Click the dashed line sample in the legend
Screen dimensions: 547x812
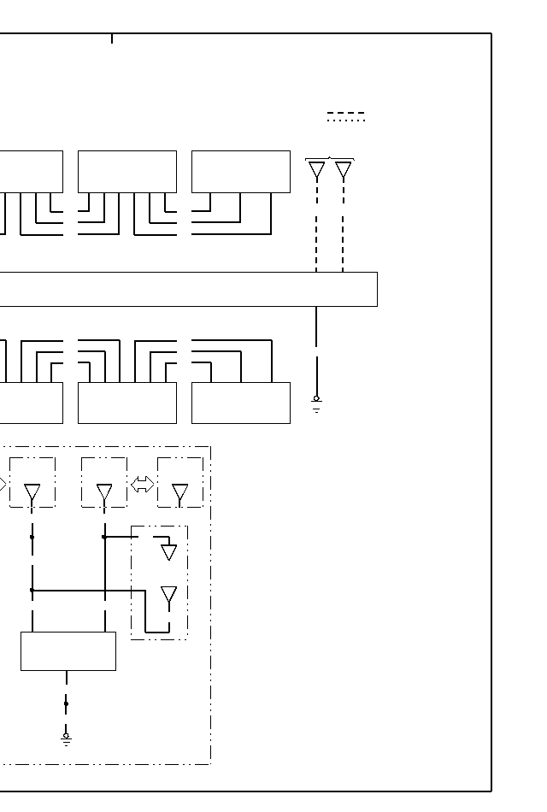click(345, 113)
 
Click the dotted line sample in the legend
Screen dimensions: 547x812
click(345, 121)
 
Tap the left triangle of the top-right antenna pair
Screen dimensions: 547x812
click(316, 170)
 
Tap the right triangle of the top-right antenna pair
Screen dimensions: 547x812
click(344, 170)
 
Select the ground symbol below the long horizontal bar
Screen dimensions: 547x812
click(316, 404)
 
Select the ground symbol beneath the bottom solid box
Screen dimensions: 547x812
click(66, 738)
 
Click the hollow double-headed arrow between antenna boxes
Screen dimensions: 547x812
click(142, 485)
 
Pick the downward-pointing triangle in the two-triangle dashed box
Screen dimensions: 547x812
click(169, 551)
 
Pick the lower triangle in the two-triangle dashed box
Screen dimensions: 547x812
click(169, 594)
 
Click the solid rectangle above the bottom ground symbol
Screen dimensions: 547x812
click(68, 651)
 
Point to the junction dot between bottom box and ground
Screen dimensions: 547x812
click(66, 703)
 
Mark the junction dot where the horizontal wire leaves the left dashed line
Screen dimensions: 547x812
click(32, 590)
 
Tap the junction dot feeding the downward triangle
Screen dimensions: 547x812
click(104, 537)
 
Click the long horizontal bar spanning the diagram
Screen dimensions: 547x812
click(188, 289)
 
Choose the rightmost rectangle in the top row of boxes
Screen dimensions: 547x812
click(241, 172)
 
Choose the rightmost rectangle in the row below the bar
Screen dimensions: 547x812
click(241, 403)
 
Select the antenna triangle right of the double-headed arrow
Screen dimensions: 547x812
click(180, 492)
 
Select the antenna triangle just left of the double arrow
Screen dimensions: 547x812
click(104, 493)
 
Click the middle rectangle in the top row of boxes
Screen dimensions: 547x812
click(127, 172)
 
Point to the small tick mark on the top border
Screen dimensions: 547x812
click(112, 38)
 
